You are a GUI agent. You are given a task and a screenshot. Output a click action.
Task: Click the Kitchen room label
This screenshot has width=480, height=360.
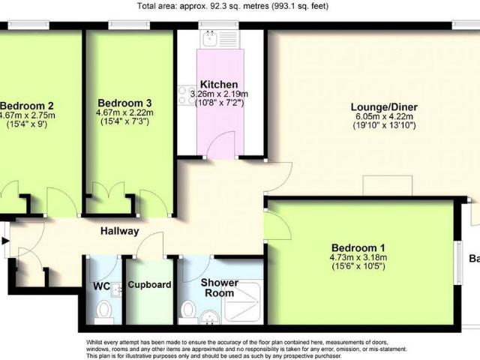click(219, 84)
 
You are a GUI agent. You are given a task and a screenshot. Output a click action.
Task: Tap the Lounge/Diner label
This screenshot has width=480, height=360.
click(385, 107)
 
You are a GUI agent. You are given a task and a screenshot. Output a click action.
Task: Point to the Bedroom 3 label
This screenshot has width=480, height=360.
click(123, 103)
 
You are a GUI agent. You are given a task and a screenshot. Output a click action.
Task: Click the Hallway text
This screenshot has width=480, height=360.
click(120, 231)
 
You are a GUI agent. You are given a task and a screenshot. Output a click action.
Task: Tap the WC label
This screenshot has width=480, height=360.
click(103, 285)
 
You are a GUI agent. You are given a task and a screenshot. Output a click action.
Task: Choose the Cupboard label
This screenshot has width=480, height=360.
click(150, 285)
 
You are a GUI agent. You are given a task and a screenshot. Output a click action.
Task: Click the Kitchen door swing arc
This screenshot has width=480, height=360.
click(220, 147)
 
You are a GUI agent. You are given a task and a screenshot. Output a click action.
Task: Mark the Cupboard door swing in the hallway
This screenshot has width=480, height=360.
click(153, 244)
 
